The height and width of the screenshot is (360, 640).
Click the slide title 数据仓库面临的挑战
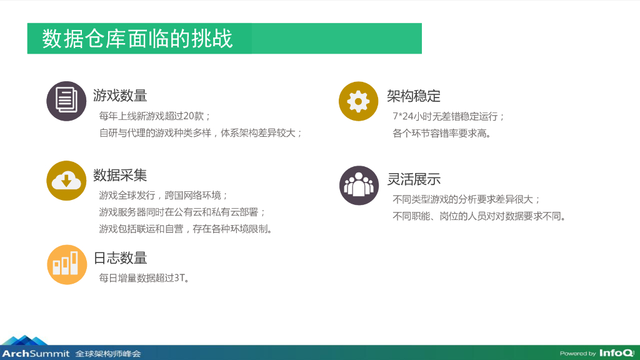(137, 39)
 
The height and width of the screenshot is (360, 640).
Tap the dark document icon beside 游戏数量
(66, 101)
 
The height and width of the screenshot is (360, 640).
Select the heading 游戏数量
(120, 96)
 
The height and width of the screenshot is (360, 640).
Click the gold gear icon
(358, 101)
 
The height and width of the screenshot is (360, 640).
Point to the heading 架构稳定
(414, 96)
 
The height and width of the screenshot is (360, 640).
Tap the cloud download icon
(66, 181)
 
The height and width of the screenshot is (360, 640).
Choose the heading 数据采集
(120, 175)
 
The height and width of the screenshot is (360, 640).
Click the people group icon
(359, 185)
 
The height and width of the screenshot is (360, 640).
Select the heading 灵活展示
(414, 179)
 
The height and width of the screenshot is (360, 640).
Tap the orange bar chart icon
(67, 264)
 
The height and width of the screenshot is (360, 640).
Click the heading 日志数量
(120, 258)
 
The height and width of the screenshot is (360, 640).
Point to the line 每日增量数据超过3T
(144, 278)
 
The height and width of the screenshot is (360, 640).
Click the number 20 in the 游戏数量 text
(188, 116)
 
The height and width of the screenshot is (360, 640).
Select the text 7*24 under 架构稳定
(403, 116)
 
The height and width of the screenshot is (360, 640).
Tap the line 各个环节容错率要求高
(442, 134)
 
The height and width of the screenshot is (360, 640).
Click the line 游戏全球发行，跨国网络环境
(163, 196)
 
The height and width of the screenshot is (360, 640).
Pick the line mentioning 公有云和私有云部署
(182, 212)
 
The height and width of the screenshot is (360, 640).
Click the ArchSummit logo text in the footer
(36, 354)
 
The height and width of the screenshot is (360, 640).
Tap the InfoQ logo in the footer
(617, 353)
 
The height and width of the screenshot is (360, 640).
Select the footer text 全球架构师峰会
(108, 354)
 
